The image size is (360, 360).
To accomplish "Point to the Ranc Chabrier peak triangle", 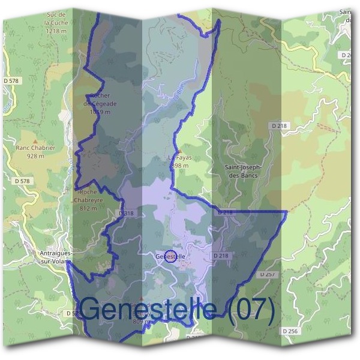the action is click(34, 140).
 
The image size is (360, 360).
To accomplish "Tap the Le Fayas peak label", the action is click(179, 158).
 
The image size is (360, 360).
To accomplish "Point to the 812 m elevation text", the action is click(88, 208).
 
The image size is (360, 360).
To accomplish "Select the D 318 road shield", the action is click(125, 213).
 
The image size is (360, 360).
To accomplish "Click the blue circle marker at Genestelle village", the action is click(170, 256).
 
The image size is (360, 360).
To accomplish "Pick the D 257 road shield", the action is click(268, 274).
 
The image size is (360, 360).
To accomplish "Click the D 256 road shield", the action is click(289, 331).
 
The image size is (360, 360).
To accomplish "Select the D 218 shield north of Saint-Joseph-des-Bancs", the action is click(279, 125).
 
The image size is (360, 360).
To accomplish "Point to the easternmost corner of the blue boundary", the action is click(287, 211).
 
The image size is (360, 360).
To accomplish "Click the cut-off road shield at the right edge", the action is click(348, 55).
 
